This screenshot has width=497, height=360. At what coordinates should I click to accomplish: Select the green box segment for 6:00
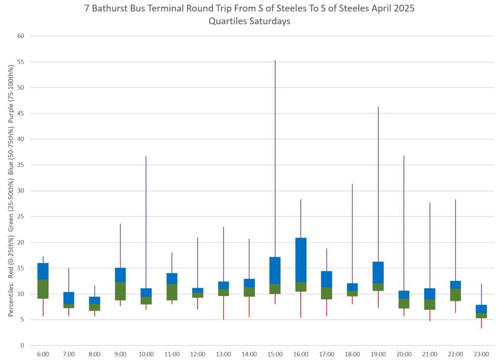(43, 289)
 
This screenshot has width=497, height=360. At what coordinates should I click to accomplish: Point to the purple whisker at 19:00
(378, 184)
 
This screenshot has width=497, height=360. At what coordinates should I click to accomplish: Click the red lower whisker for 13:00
(224, 308)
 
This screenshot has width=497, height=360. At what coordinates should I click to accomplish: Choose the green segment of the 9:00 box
(120, 291)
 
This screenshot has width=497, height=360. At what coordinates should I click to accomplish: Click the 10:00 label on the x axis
(146, 355)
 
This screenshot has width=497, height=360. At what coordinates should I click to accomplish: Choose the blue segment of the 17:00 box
(327, 279)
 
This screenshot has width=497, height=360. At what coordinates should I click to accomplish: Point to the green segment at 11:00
(172, 292)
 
